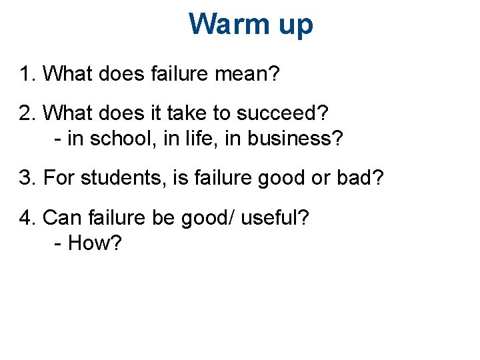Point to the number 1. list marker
coord(27,74)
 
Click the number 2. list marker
coord(27,113)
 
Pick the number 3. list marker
coord(27,179)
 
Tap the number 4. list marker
coord(27,217)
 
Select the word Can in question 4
coord(61,217)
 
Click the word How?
coord(95,243)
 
